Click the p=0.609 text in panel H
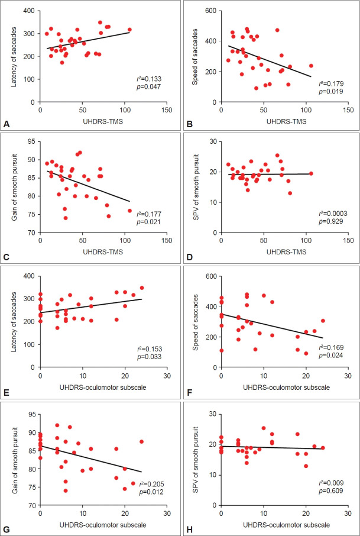click(x=331, y=486)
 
